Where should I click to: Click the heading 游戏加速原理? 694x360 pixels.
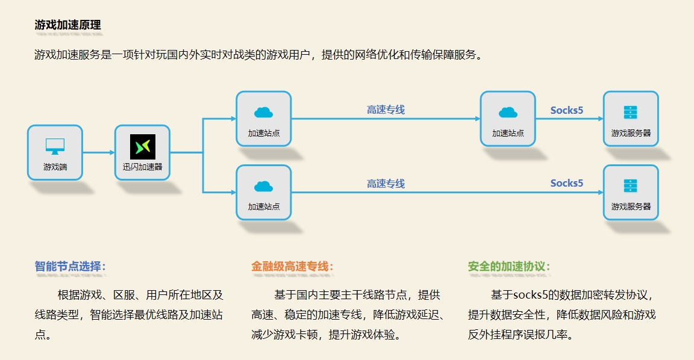coord(67,25)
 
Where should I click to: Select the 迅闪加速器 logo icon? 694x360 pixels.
coord(143,147)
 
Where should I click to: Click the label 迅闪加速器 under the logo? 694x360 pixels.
coord(143,167)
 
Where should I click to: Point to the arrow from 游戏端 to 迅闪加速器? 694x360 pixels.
coord(98,153)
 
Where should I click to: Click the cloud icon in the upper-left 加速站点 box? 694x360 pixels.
coord(263,113)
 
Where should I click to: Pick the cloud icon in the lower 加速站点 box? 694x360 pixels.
coord(263,186)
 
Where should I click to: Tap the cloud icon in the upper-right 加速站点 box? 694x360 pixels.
coord(508,113)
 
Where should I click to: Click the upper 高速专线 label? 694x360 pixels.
coord(386,110)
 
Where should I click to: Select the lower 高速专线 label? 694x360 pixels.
coord(386,184)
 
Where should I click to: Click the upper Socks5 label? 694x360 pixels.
coord(567,110)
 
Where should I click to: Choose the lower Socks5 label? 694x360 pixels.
coord(567,183)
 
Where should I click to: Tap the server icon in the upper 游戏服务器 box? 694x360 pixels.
coord(631,113)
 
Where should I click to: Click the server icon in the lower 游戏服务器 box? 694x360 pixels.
coord(631,186)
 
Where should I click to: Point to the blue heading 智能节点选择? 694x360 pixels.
coord(70,266)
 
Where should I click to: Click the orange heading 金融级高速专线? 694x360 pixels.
coord(292,266)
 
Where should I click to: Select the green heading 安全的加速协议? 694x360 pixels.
coord(509,266)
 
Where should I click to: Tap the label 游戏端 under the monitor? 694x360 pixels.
coord(55,167)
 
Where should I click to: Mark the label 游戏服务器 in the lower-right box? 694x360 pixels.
coord(631,206)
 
